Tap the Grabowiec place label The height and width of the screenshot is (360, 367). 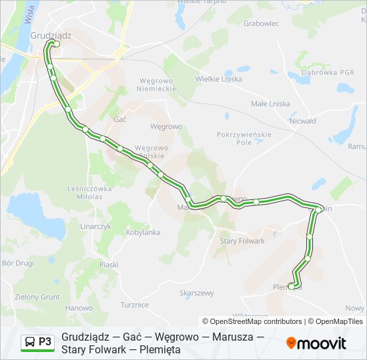(261, 23)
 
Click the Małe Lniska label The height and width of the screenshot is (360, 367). (270, 103)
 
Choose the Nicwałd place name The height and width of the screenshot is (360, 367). (302, 121)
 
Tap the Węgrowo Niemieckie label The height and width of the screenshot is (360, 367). (157, 84)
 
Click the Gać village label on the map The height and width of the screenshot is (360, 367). (120, 119)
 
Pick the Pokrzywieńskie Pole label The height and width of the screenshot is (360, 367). (244, 138)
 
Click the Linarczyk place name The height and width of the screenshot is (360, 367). (95, 226)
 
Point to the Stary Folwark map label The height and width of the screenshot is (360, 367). (242, 241)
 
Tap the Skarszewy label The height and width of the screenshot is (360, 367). (196, 293)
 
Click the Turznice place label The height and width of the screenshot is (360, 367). (134, 305)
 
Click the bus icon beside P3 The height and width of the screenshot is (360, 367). (29, 342)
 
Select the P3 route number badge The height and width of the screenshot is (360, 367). (45, 342)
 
